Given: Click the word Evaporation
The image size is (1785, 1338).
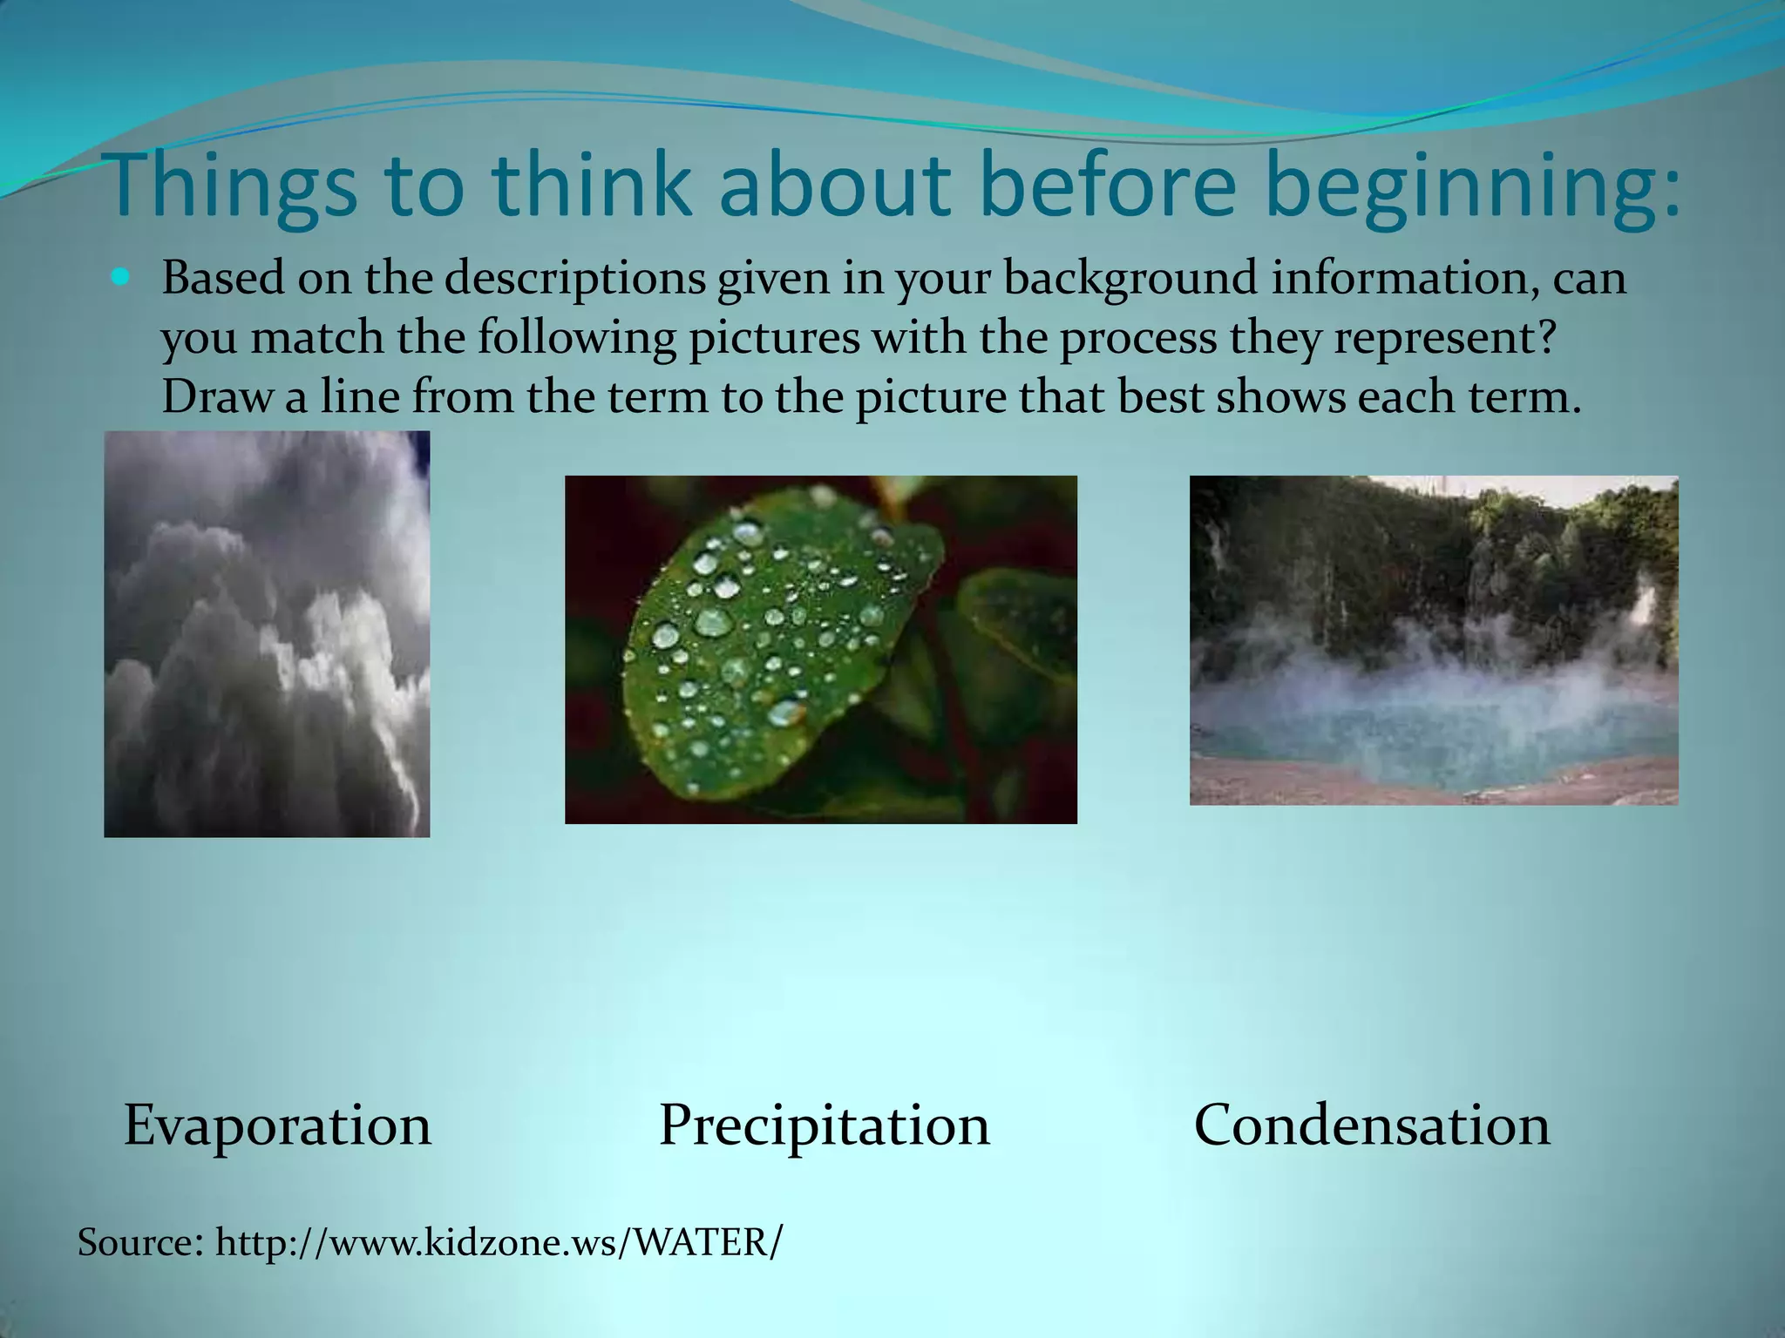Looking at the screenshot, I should (x=277, y=1125).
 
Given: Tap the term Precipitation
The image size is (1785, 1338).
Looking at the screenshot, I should (x=824, y=1125).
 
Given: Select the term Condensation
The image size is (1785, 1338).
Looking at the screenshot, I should (x=1372, y=1125).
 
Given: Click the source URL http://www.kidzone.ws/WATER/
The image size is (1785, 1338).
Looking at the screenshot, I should (x=499, y=1241).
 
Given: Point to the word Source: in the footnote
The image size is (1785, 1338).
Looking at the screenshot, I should (x=139, y=1241).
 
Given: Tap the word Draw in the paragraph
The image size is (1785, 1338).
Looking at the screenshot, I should (x=214, y=397).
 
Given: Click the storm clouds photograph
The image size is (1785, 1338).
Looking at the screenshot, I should (x=267, y=634).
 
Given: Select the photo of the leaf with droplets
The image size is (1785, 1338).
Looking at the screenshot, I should (x=820, y=649).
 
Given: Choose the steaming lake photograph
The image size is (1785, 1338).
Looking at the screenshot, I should (x=1433, y=640).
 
